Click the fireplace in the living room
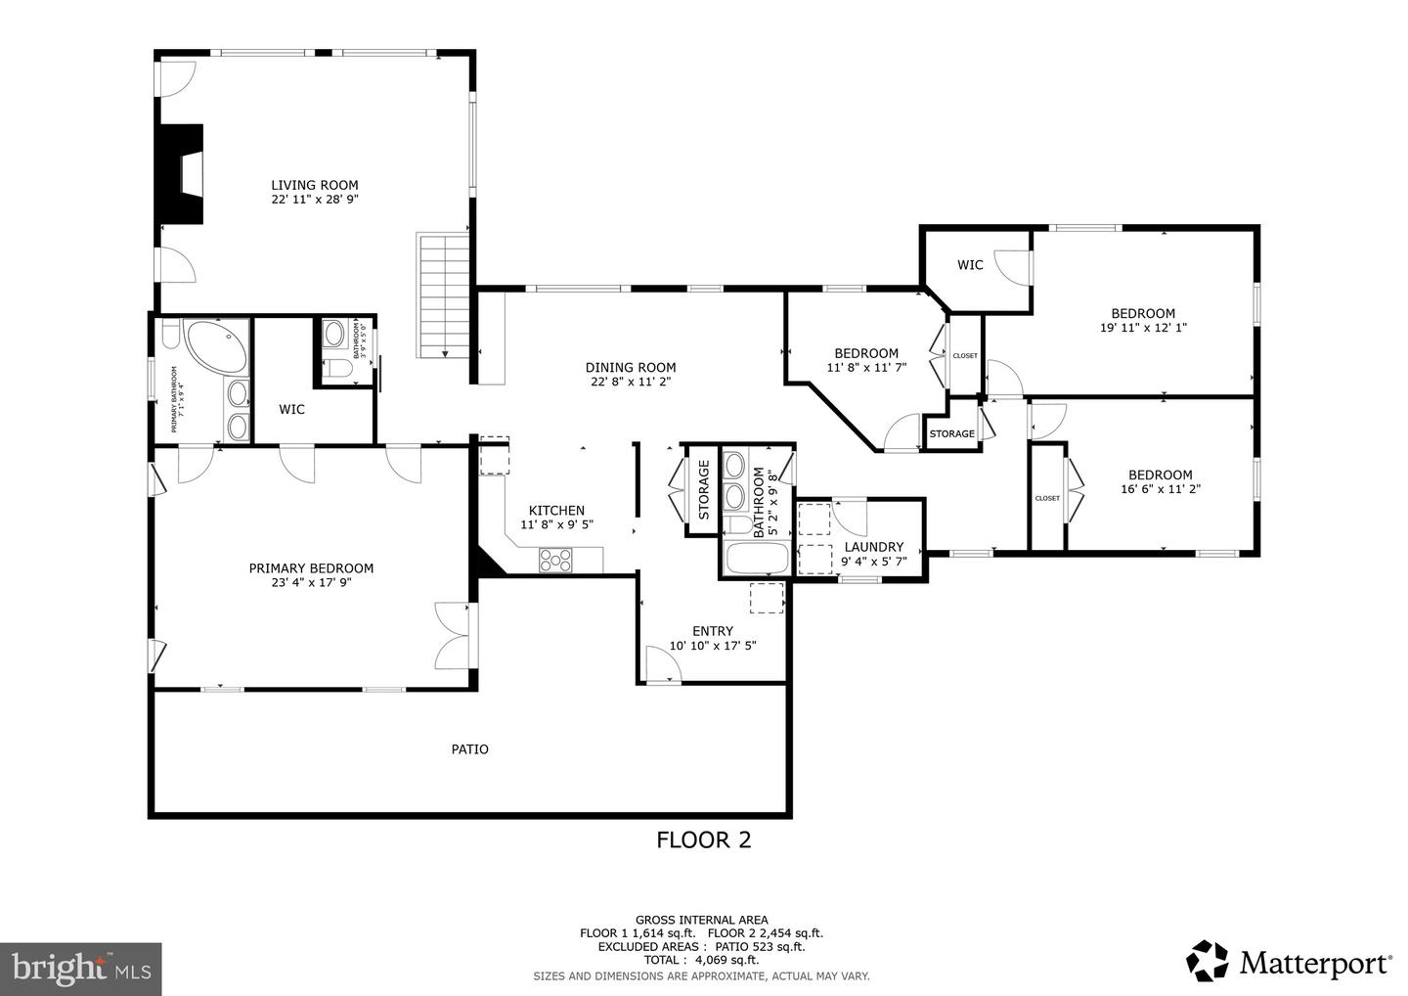[182, 175]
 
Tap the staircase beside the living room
[444, 295]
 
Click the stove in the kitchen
[555, 561]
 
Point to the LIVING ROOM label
[314, 185]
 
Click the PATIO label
[469, 749]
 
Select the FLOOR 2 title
[703, 839]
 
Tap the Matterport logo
[1290, 963]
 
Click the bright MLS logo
[80, 969]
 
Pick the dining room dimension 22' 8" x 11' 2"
[630, 382]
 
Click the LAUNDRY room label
[873, 547]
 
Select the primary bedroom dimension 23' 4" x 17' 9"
[311, 582]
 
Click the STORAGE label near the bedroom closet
[951, 433]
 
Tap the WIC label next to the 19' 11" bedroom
[970, 265]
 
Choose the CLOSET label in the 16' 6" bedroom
[1047, 498]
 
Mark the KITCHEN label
[556, 510]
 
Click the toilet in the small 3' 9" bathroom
[333, 369]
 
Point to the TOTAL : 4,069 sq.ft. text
[701, 961]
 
